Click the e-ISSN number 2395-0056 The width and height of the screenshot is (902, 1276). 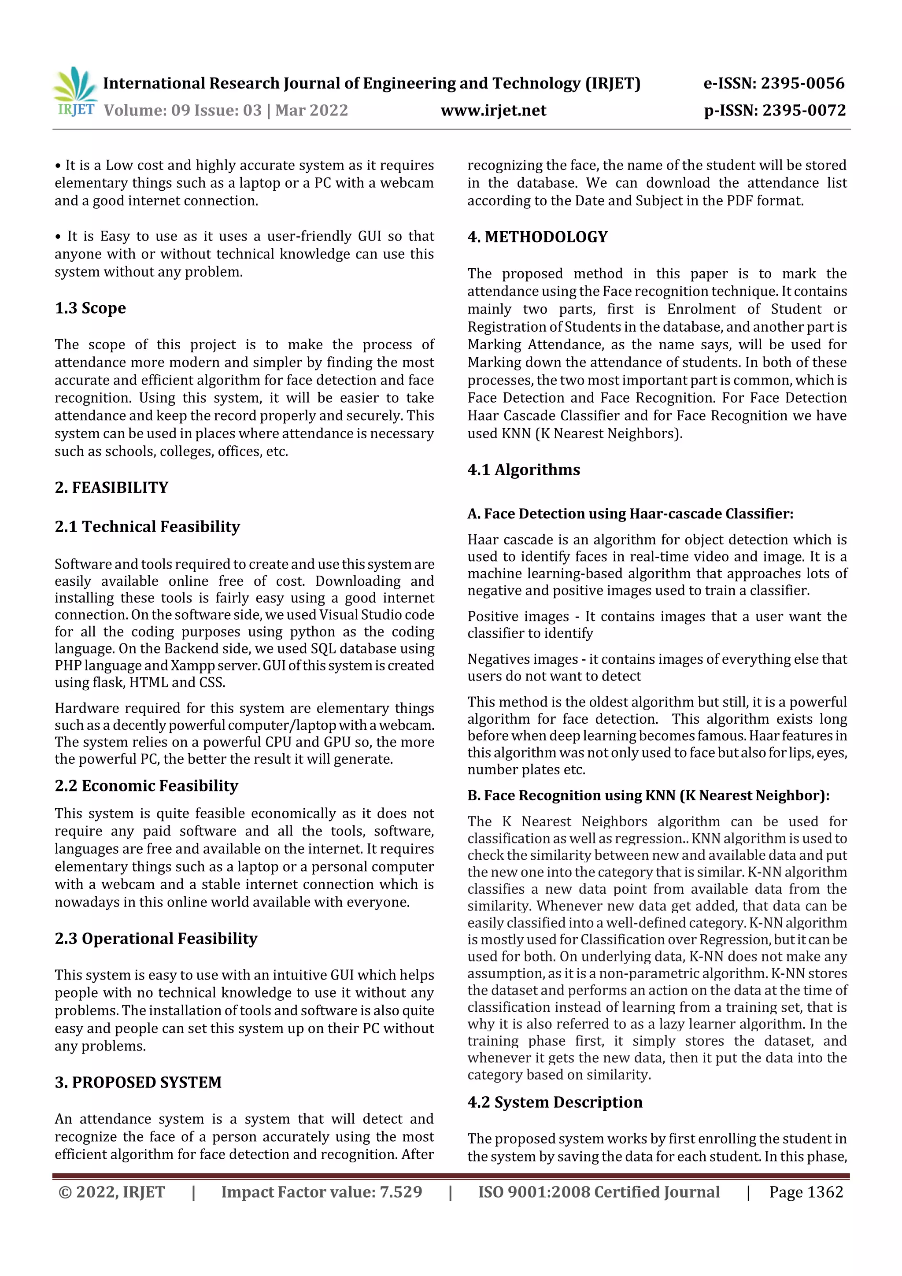pyautogui.click(x=802, y=83)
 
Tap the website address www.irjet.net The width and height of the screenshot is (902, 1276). pyautogui.click(x=493, y=111)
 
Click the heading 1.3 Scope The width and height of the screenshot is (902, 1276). pyautogui.click(x=90, y=308)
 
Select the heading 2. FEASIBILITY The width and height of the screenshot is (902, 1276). pyautogui.click(x=111, y=488)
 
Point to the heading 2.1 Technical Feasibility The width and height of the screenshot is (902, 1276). pyautogui.click(x=147, y=526)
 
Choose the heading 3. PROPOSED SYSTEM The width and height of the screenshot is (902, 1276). pyautogui.click(x=138, y=1082)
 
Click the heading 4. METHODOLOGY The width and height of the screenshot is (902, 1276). pyautogui.click(x=537, y=237)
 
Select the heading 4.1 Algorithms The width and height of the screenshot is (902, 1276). pyautogui.click(x=524, y=470)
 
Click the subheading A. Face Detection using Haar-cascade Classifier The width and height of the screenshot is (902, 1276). pyautogui.click(x=630, y=514)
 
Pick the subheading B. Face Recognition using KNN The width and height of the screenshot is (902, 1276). pyautogui.click(x=648, y=795)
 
